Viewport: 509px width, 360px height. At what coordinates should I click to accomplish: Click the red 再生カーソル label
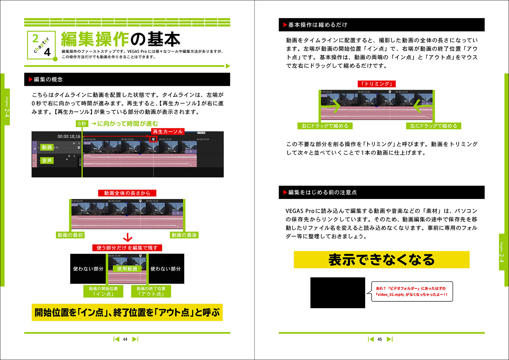point(168,131)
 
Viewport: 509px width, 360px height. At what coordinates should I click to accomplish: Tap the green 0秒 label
point(82,124)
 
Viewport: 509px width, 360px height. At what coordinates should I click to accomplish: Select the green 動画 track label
point(47,147)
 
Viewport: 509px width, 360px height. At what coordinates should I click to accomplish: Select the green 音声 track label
point(47,161)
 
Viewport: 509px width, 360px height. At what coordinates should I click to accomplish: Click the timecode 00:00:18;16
point(69,137)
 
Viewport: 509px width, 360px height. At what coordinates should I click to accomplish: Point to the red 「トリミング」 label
point(377,84)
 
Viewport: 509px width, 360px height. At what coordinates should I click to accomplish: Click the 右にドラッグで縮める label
point(325,126)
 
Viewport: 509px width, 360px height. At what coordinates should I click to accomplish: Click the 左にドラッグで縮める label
point(433,126)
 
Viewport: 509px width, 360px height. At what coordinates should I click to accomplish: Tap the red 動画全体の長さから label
point(127,193)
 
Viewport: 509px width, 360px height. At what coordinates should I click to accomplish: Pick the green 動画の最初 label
point(70,235)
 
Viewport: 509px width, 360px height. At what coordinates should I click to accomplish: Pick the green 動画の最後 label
point(184,235)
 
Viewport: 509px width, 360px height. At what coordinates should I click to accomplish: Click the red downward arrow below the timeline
point(128,237)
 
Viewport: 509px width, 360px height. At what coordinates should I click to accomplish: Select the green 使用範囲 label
point(127,269)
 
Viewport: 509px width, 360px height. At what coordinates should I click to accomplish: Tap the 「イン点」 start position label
point(103,291)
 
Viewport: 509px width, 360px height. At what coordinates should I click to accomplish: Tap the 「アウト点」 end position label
point(151,291)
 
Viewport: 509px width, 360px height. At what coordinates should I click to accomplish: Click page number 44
point(125,339)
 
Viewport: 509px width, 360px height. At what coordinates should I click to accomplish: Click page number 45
point(380,339)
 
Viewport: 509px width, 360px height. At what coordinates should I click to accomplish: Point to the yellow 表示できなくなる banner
point(381,260)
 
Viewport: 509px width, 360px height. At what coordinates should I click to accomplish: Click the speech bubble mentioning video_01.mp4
point(412,292)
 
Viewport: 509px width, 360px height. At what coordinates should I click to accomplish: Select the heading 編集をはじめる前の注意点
point(322,193)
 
